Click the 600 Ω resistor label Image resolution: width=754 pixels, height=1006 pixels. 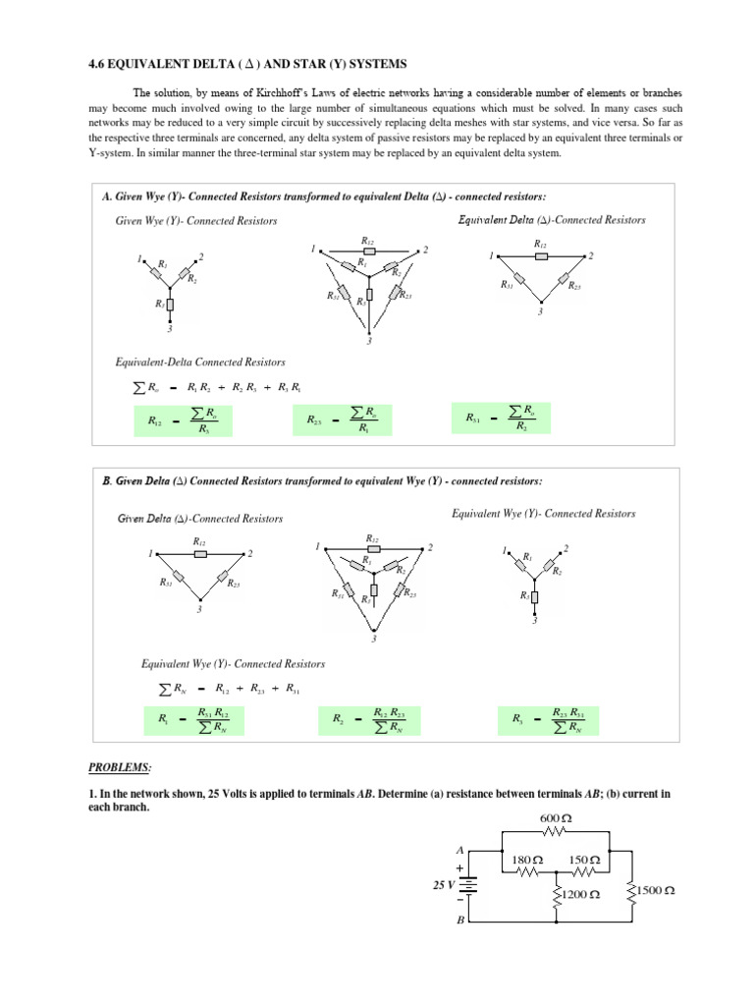[x=556, y=819]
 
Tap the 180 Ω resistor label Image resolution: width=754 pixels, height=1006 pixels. [x=528, y=860]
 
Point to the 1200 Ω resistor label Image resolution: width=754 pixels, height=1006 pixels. [x=580, y=895]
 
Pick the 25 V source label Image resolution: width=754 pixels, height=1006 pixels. [x=445, y=884]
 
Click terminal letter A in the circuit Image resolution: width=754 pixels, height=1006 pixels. [x=458, y=848]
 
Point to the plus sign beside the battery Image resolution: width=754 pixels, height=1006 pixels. [x=458, y=868]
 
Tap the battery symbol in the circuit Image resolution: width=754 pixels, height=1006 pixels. [x=471, y=885]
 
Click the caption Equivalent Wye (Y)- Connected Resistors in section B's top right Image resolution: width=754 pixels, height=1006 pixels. [x=543, y=514]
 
